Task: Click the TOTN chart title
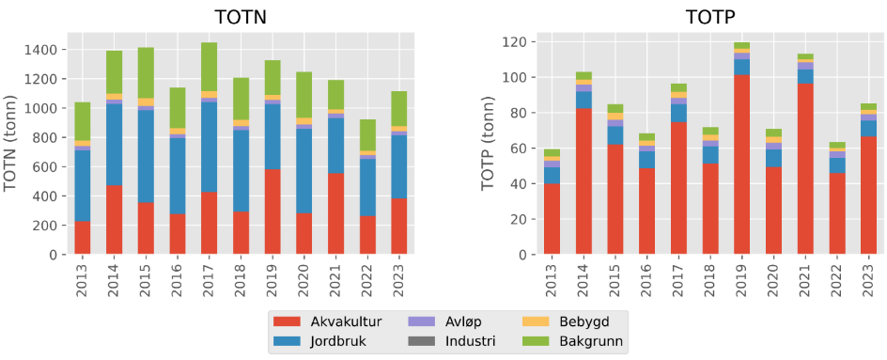240,16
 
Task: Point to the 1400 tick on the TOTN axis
47,50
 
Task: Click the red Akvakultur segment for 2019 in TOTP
741,164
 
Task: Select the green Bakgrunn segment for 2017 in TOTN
209,67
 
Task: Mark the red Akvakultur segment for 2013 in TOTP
552,219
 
